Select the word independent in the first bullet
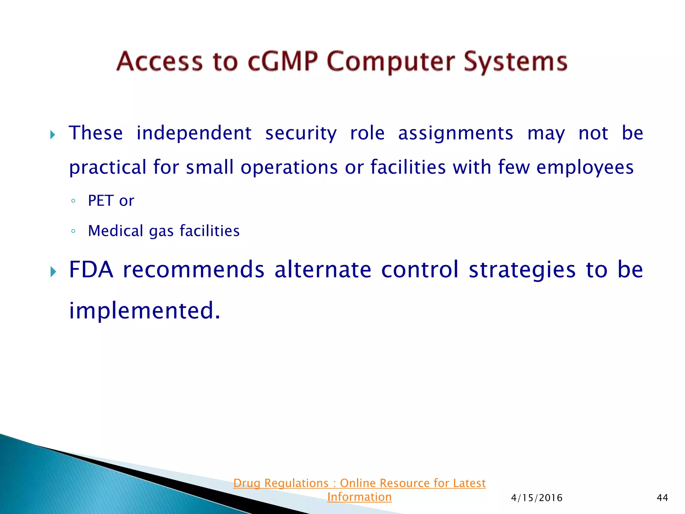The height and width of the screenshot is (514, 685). coord(194,133)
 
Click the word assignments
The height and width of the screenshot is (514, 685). coord(455,134)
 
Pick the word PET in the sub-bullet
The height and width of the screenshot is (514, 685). coord(101,201)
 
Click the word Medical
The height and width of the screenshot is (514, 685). coord(116,231)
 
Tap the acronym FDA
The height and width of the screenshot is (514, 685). coord(91,269)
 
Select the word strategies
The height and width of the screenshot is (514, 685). coord(522,270)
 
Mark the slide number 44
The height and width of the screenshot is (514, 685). coord(662,498)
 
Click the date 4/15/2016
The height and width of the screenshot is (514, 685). coord(536,498)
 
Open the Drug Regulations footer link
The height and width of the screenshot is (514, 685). coord(359,483)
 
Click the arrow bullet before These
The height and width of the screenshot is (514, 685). coord(53,135)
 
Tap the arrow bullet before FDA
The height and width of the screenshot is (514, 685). coord(53,272)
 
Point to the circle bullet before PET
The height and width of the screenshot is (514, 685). coord(73,201)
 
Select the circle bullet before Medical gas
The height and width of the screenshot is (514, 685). coord(73,231)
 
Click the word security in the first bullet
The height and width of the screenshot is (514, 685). coord(301,134)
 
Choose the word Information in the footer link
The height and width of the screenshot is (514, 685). coord(359,497)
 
